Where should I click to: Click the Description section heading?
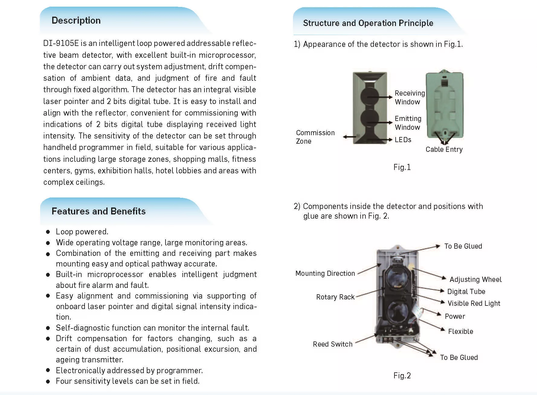[x=76, y=21]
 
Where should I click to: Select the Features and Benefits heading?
[x=98, y=211]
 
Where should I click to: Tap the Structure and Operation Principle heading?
[x=368, y=23]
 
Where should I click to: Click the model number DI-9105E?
[x=61, y=43]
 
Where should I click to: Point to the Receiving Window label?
[x=409, y=97]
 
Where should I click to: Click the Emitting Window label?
[x=408, y=123]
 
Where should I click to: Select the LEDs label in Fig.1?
[x=403, y=140]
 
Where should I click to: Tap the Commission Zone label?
[x=315, y=137]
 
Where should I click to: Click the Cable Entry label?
[x=444, y=149]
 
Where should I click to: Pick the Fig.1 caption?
[x=402, y=167]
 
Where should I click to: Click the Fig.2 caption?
[x=402, y=376]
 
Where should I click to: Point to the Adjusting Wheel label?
[x=475, y=279]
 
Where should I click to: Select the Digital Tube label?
[x=466, y=292]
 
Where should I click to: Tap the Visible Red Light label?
[x=474, y=303]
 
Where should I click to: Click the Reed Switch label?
[x=333, y=344]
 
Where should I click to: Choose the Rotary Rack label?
[x=335, y=297]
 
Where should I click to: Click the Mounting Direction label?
[x=325, y=273]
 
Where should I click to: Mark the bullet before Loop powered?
[x=48, y=232]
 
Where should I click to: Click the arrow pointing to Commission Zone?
[x=349, y=137]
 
